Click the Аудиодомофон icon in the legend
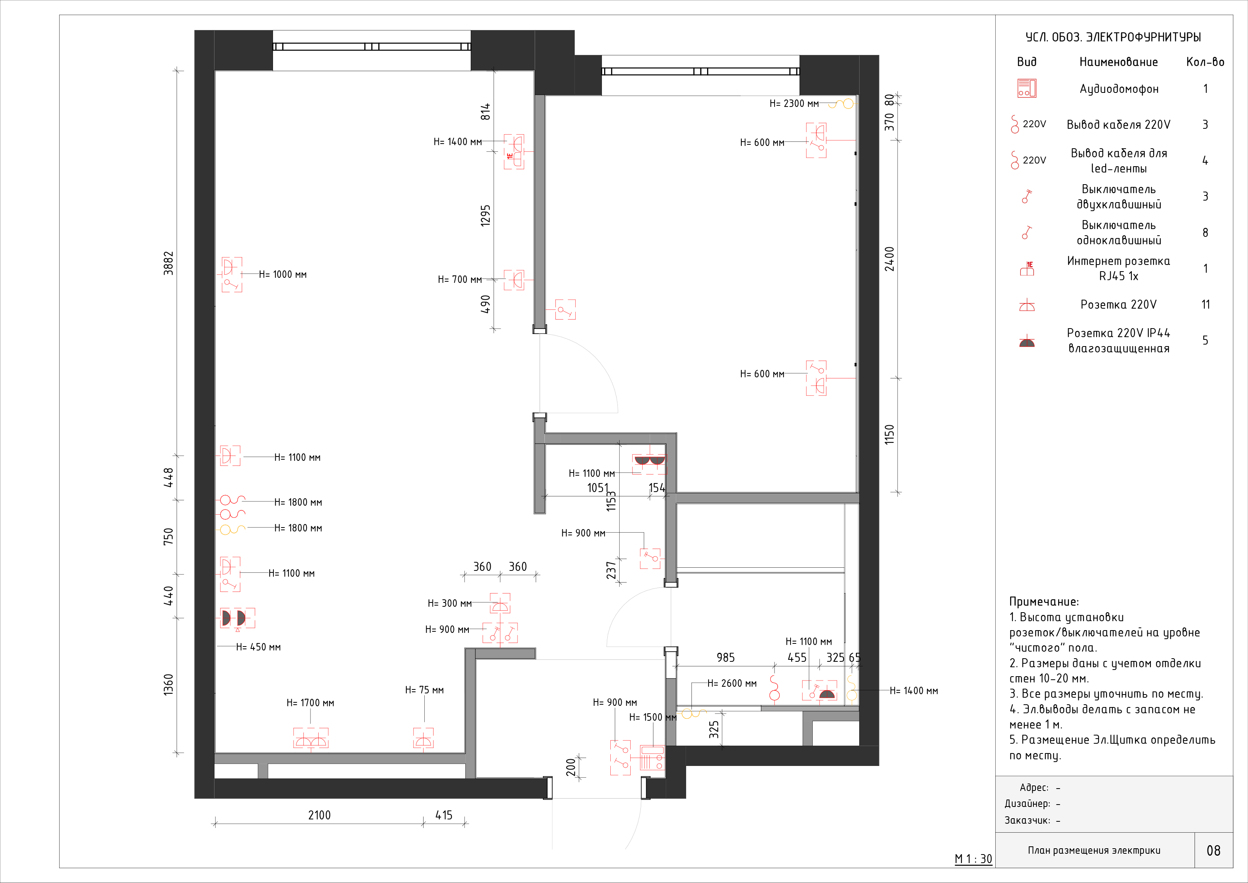coord(1027,88)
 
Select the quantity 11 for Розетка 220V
coord(1205,304)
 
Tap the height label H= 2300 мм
coord(794,103)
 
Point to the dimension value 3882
coord(168,263)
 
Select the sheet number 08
coord(1213,850)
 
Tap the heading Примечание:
coord(1044,601)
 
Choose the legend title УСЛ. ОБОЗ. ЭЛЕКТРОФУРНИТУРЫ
coord(1113,37)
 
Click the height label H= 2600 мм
coord(732,684)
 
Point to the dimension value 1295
coord(486,215)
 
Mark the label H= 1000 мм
coord(283,275)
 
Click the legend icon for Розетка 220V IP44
coord(1027,341)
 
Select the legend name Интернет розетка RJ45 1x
coord(1119,268)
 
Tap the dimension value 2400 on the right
coord(889,259)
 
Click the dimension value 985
coord(726,658)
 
